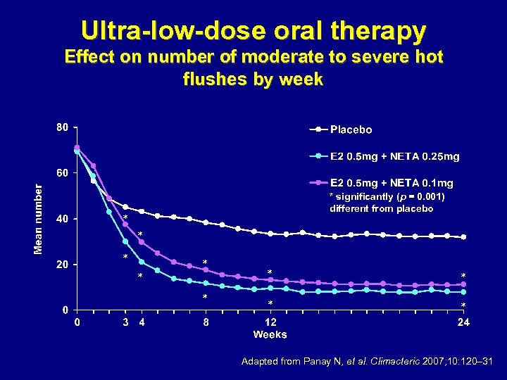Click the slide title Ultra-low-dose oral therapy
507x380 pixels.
(x=254, y=31)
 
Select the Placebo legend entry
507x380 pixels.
(x=351, y=129)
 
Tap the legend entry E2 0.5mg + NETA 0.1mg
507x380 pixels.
(x=392, y=183)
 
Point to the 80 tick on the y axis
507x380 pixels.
(x=62, y=127)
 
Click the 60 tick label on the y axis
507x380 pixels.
(x=62, y=173)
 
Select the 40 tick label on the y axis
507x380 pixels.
(x=62, y=219)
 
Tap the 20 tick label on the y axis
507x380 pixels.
(x=62, y=265)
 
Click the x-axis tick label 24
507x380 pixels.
(x=463, y=323)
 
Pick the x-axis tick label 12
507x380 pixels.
(x=270, y=323)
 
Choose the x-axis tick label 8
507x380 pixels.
(x=206, y=323)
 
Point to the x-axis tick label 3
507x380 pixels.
(x=125, y=323)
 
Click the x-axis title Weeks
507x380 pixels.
(x=270, y=334)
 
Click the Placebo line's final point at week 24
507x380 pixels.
(x=463, y=237)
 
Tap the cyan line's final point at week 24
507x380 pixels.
(x=463, y=292)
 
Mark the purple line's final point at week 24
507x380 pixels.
(x=463, y=284)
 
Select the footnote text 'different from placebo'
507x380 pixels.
(x=381, y=209)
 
